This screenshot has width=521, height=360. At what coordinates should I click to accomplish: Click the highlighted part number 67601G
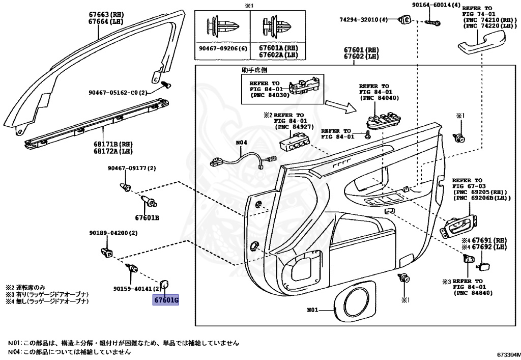coord(166,300)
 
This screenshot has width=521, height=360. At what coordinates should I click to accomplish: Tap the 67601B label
coord(147,217)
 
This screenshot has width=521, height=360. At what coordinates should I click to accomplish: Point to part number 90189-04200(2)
coord(113,233)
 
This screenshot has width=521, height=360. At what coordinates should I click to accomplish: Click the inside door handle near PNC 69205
coord(457,228)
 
